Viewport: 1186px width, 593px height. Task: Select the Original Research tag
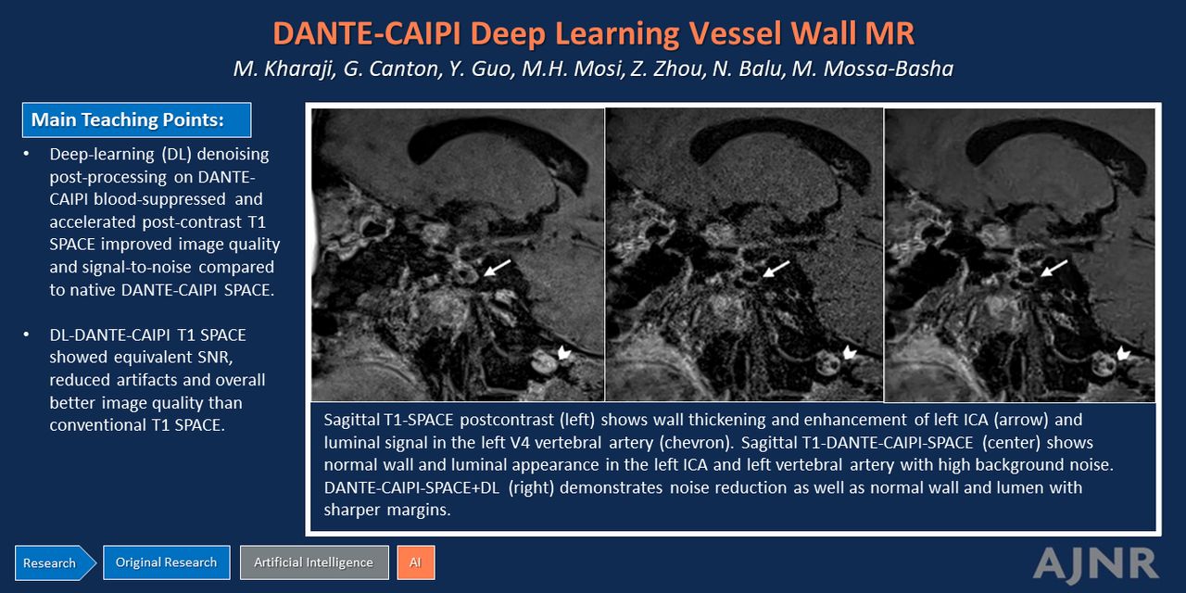click(166, 562)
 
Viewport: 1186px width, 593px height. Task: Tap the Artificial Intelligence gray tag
click(314, 562)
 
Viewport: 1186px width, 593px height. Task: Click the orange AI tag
click(416, 562)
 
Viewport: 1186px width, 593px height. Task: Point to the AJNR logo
click(1095, 564)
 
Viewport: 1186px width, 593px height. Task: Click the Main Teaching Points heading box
click(136, 120)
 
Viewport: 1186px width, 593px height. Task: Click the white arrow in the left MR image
click(498, 268)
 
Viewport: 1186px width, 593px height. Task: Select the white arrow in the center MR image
click(776, 269)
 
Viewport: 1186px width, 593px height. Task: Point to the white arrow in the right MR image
click(1054, 268)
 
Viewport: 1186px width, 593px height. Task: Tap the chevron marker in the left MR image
click(565, 352)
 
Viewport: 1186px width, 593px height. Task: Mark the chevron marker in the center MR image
click(850, 352)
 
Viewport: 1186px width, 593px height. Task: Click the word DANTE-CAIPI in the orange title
click(368, 34)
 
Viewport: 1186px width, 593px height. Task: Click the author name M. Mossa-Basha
click(873, 69)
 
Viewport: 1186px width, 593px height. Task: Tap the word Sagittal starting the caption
click(350, 420)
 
